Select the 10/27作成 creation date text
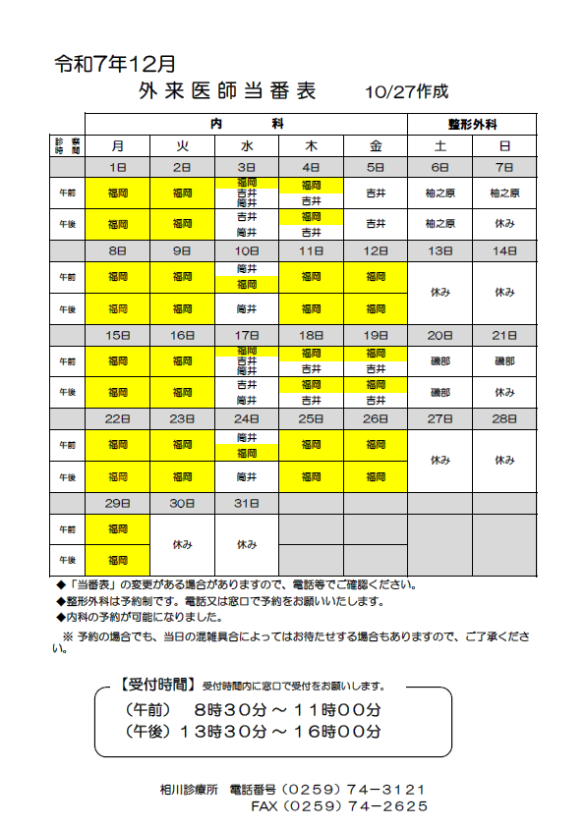click(405, 92)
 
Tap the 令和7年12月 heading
click(115, 65)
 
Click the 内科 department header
click(247, 124)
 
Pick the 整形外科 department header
click(472, 125)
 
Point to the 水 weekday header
click(247, 145)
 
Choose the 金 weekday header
click(376, 145)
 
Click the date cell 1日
click(118, 167)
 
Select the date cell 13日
click(440, 250)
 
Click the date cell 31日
click(247, 503)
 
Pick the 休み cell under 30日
click(182, 544)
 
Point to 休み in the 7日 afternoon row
click(504, 223)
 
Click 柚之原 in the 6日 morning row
click(440, 193)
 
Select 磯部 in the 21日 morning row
click(504, 361)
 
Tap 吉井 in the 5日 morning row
click(376, 193)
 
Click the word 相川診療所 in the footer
click(189, 790)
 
